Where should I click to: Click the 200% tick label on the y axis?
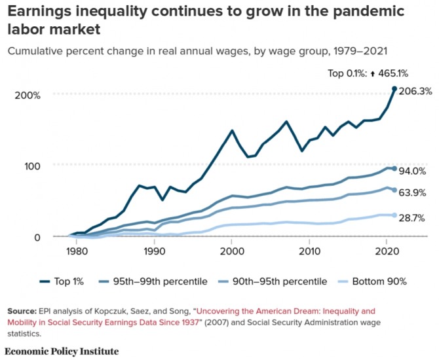click(27, 95)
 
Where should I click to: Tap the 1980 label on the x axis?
click(77, 251)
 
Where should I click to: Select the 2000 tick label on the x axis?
click(231, 251)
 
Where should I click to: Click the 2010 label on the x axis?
click(309, 251)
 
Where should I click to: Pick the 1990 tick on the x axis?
click(154, 251)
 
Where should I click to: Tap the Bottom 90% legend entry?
click(373, 281)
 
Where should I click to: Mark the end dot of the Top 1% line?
click(394, 88)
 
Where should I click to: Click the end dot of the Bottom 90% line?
click(394, 215)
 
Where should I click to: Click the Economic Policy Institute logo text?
click(64, 351)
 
